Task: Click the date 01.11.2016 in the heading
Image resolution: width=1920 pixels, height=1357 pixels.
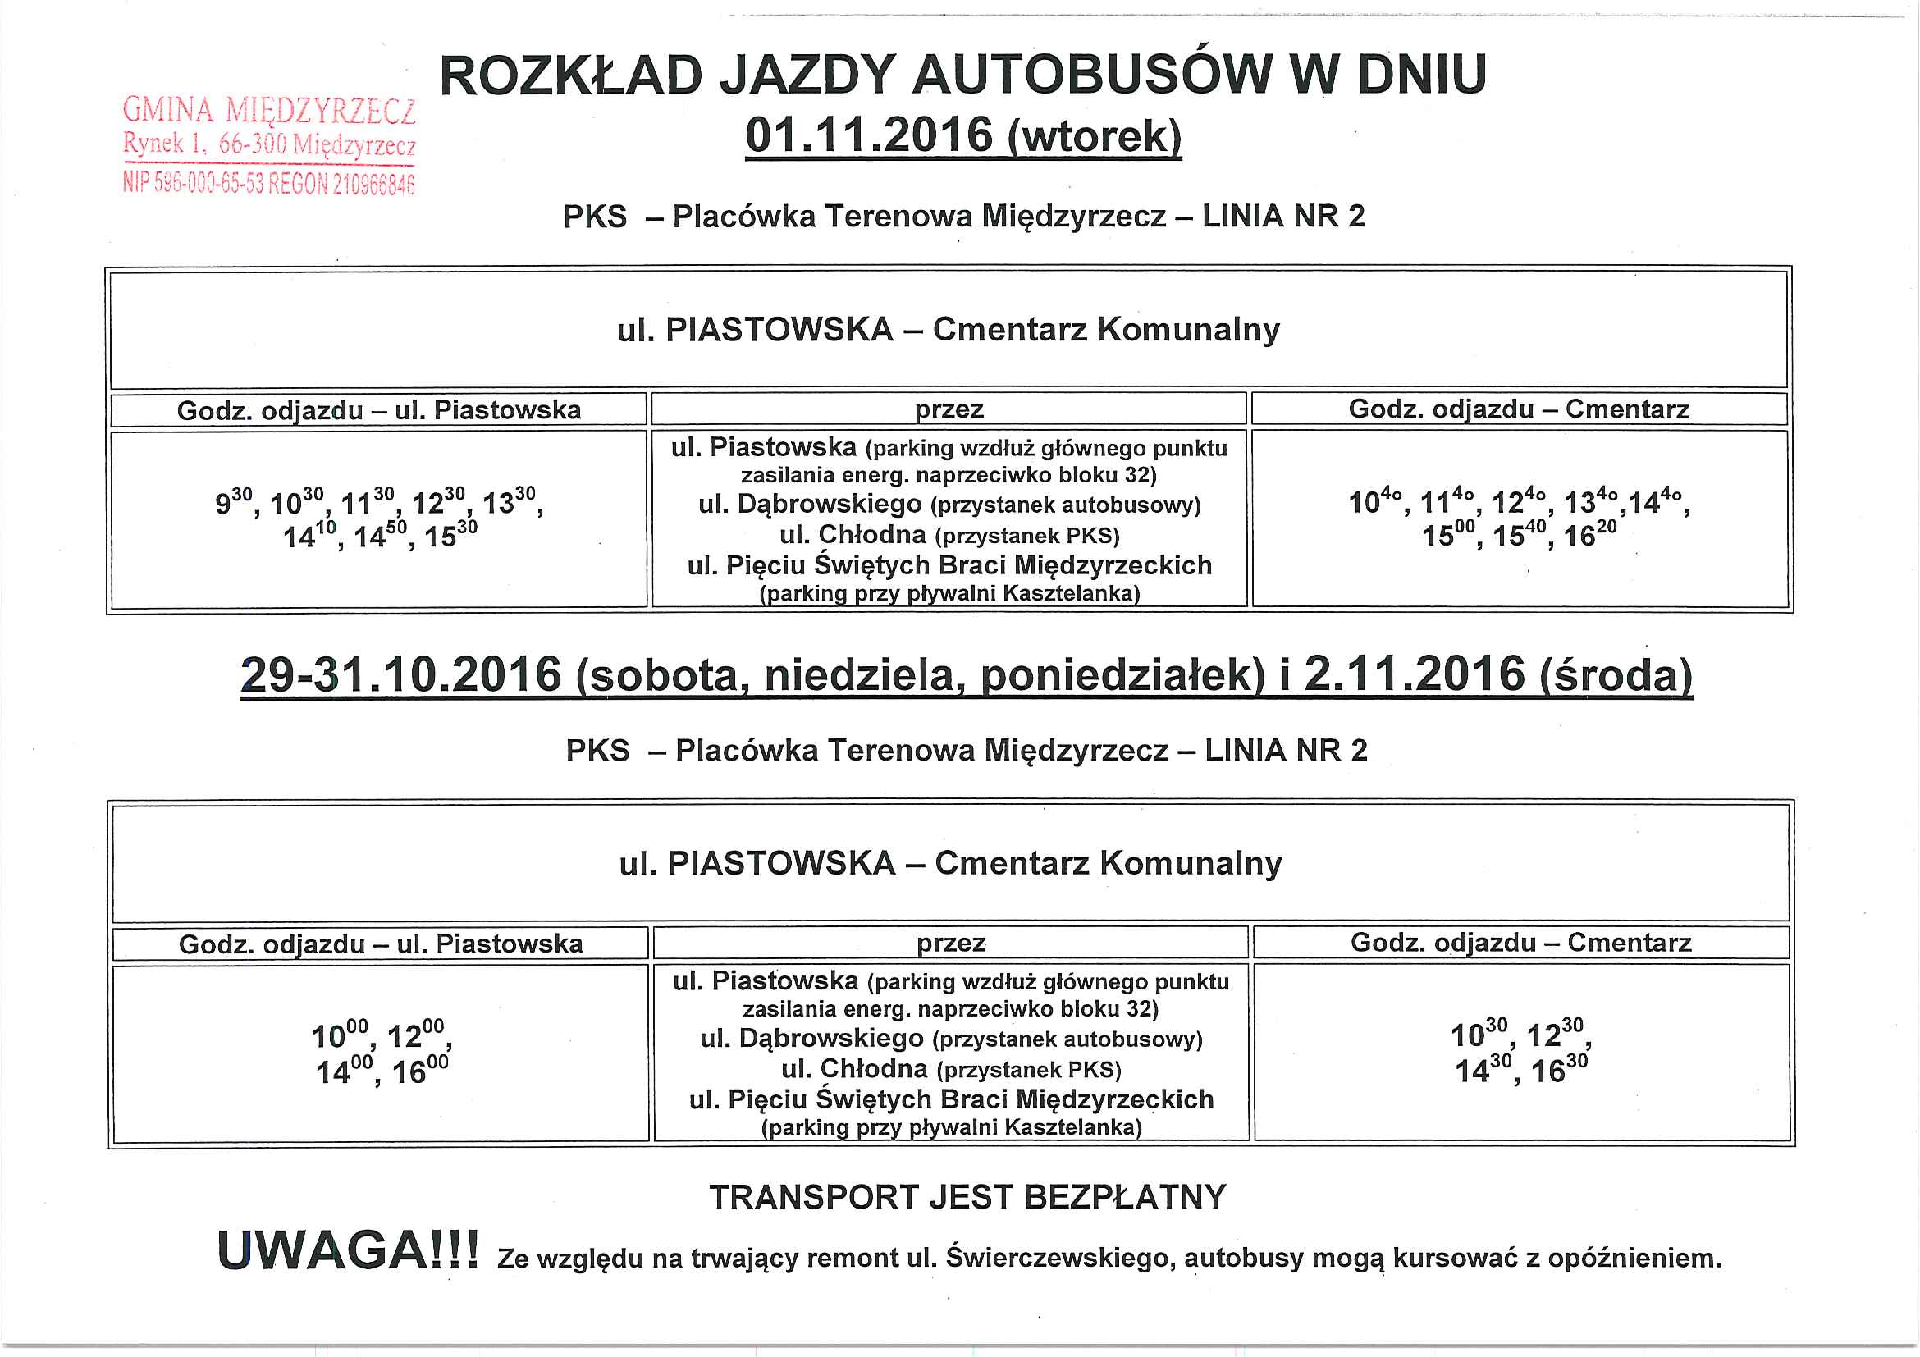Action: coord(869,136)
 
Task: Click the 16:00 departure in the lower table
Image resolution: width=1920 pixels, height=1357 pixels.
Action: coord(420,1071)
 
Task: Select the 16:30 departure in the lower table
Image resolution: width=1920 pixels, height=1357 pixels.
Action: coord(1560,1070)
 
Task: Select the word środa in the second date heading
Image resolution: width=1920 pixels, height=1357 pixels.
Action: coord(1616,675)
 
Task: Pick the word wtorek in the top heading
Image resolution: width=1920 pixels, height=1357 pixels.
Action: coord(1095,136)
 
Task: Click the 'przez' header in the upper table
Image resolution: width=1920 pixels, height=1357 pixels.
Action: coord(949,409)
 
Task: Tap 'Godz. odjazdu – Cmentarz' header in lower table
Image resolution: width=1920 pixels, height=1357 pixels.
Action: coord(1521,944)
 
